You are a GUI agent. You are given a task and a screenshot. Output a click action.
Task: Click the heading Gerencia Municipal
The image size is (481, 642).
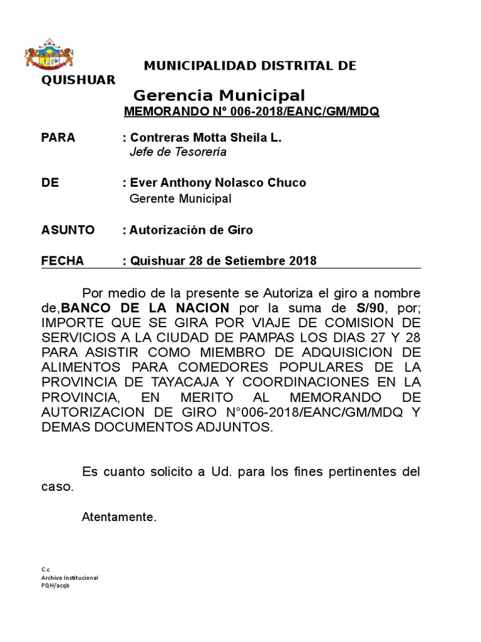coord(219,96)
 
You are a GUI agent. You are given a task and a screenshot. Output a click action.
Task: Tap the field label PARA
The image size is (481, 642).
coord(58,138)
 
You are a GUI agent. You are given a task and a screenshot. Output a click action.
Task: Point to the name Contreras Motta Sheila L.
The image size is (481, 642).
coord(205,138)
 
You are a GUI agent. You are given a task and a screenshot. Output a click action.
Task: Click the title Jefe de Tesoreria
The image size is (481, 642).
coord(177,152)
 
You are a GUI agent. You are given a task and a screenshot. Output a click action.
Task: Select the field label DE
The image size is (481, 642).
coord(50,183)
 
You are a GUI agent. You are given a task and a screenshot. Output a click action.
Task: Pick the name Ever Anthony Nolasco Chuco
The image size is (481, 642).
coord(218,183)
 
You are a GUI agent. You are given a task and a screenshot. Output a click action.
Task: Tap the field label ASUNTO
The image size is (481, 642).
coord(68,230)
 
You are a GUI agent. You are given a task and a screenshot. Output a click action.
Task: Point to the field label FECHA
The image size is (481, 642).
coord(62,261)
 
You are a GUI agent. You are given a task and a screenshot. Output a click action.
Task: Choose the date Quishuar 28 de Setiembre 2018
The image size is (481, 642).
coord(223,261)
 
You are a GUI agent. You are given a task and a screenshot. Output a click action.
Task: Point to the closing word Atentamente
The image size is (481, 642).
coord(118,517)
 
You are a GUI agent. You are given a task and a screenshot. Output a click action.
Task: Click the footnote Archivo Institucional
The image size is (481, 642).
coord(70,577)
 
